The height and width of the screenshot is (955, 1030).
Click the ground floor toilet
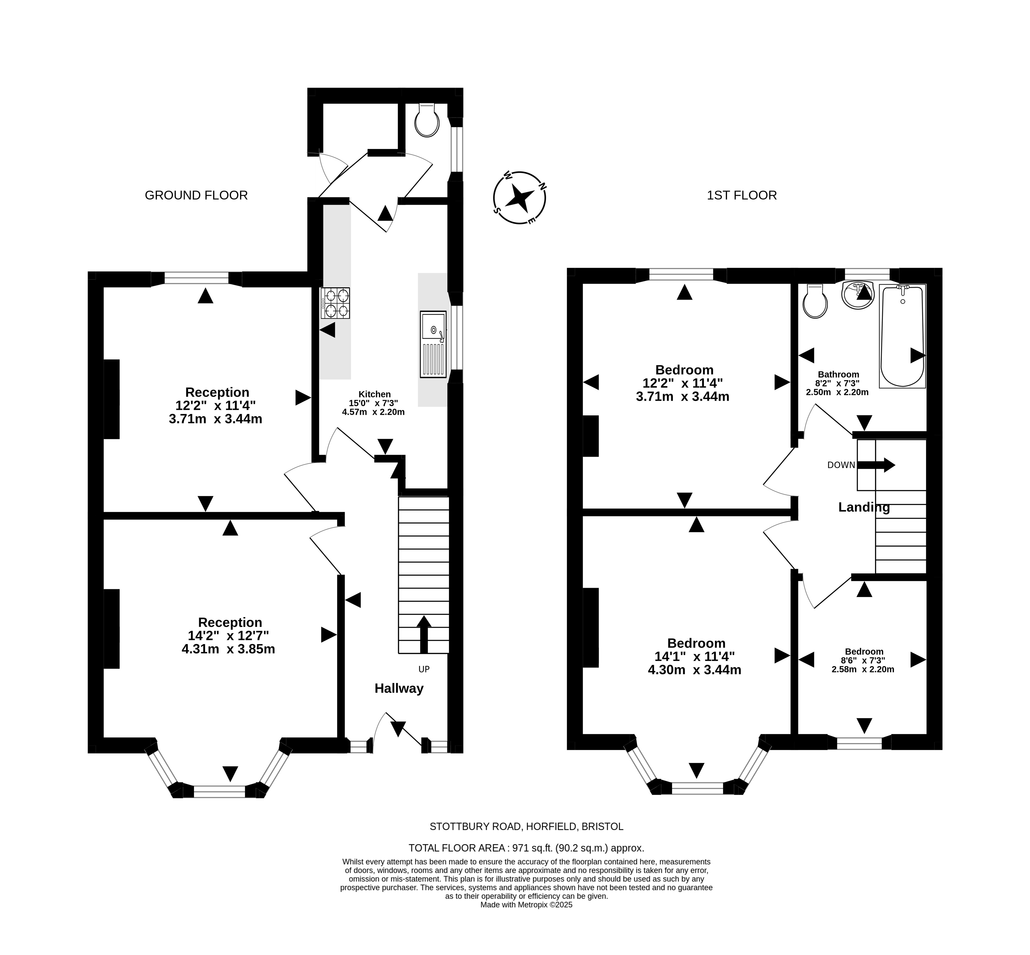pos(427,120)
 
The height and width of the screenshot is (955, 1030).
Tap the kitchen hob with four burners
pos(335,303)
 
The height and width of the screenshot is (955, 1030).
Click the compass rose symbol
pos(519,197)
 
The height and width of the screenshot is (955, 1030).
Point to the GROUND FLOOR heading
pos(196,195)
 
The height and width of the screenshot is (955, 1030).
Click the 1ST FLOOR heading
pos(742,195)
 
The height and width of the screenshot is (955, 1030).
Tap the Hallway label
pos(399,688)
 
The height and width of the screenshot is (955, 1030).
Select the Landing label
pos(864,507)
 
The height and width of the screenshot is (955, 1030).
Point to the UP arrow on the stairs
pos(424,634)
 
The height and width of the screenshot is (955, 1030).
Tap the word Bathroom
pos(838,375)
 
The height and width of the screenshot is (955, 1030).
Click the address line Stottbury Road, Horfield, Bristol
pos(526,826)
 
